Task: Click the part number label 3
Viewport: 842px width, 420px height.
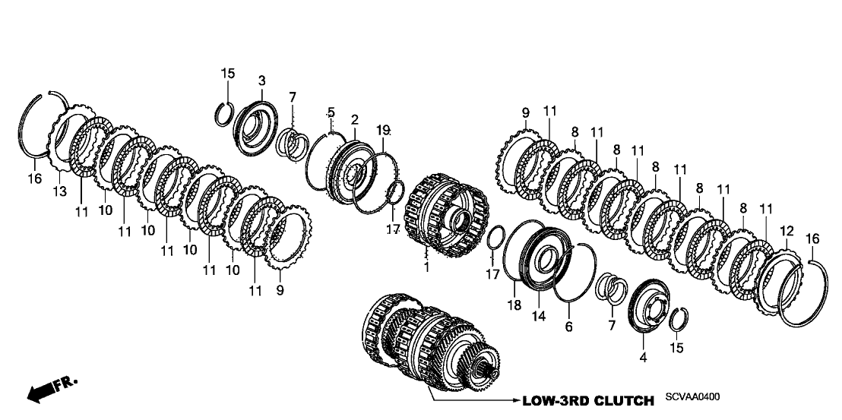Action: pos(261,80)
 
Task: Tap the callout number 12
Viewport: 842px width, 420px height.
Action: pos(786,230)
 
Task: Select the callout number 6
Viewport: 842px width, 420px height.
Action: pos(569,327)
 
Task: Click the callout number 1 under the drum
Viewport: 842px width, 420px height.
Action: pos(426,267)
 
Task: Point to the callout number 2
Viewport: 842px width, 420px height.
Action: pos(354,120)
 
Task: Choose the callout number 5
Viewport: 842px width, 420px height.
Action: pos(331,113)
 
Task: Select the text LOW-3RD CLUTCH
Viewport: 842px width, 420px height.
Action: pos(587,400)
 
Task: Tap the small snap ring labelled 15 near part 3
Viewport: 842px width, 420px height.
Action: pos(223,115)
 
